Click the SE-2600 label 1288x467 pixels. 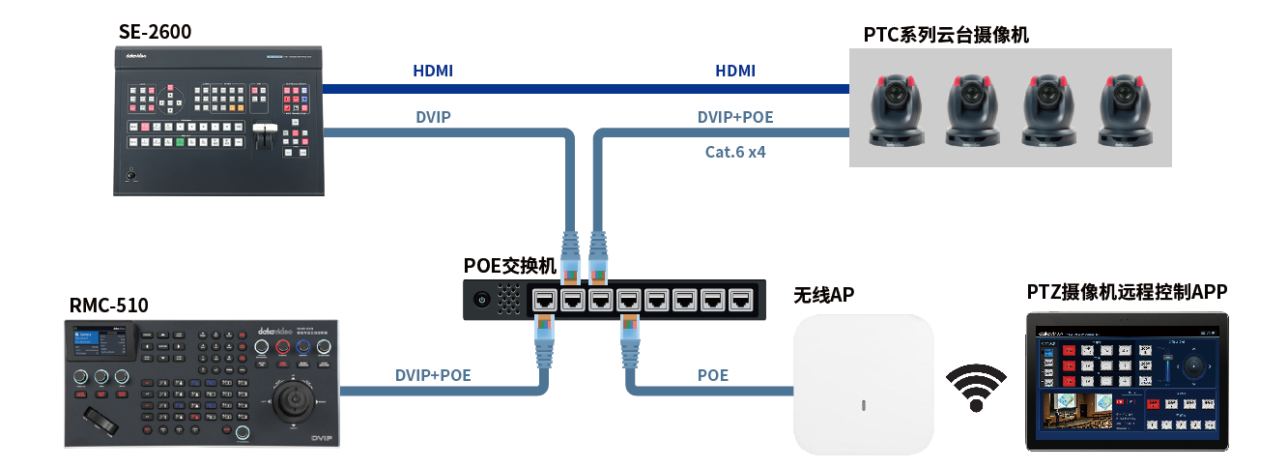pos(155,32)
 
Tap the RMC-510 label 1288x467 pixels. pos(108,306)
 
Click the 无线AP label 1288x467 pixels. pos(823,294)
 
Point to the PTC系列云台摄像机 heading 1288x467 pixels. pos(946,36)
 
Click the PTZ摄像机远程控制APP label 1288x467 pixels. pos(1127,292)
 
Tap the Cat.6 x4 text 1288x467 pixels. pos(735,152)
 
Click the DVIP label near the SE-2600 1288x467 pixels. pos(433,118)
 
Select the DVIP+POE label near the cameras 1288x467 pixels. pos(735,118)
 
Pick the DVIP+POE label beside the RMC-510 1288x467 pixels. pos(433,375)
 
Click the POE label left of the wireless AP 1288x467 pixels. pos(713,375)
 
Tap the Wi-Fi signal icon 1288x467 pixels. pos(973,388)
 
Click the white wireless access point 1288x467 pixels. pos(863,384)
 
